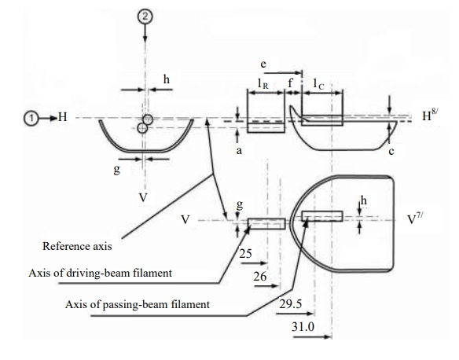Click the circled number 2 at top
(x=145, y=17)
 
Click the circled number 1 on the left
(x=31, y=119)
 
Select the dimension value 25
(x=245, y=253)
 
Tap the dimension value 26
(x=260, y=277)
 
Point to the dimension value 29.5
(x=290, y=304)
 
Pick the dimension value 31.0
(x=303, y=326)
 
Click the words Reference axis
(x=77, y=246)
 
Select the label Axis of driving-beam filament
(x=100, y=273)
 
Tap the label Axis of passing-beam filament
(x=138, y=304)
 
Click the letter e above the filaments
(x=263, y=64)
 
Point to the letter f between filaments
(x=290, y=83)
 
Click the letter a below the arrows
(x=239, y=151)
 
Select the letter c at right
(x=391, y=152)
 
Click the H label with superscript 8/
(x=430, y=115)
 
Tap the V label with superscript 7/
(x=415, y=218)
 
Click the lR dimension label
(x=263, y=83)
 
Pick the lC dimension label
(x=318, y=84)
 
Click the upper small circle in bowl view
(x=148, y=119)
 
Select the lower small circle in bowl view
(x=142, y=128)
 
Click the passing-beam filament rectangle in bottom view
(x=322, y=216)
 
